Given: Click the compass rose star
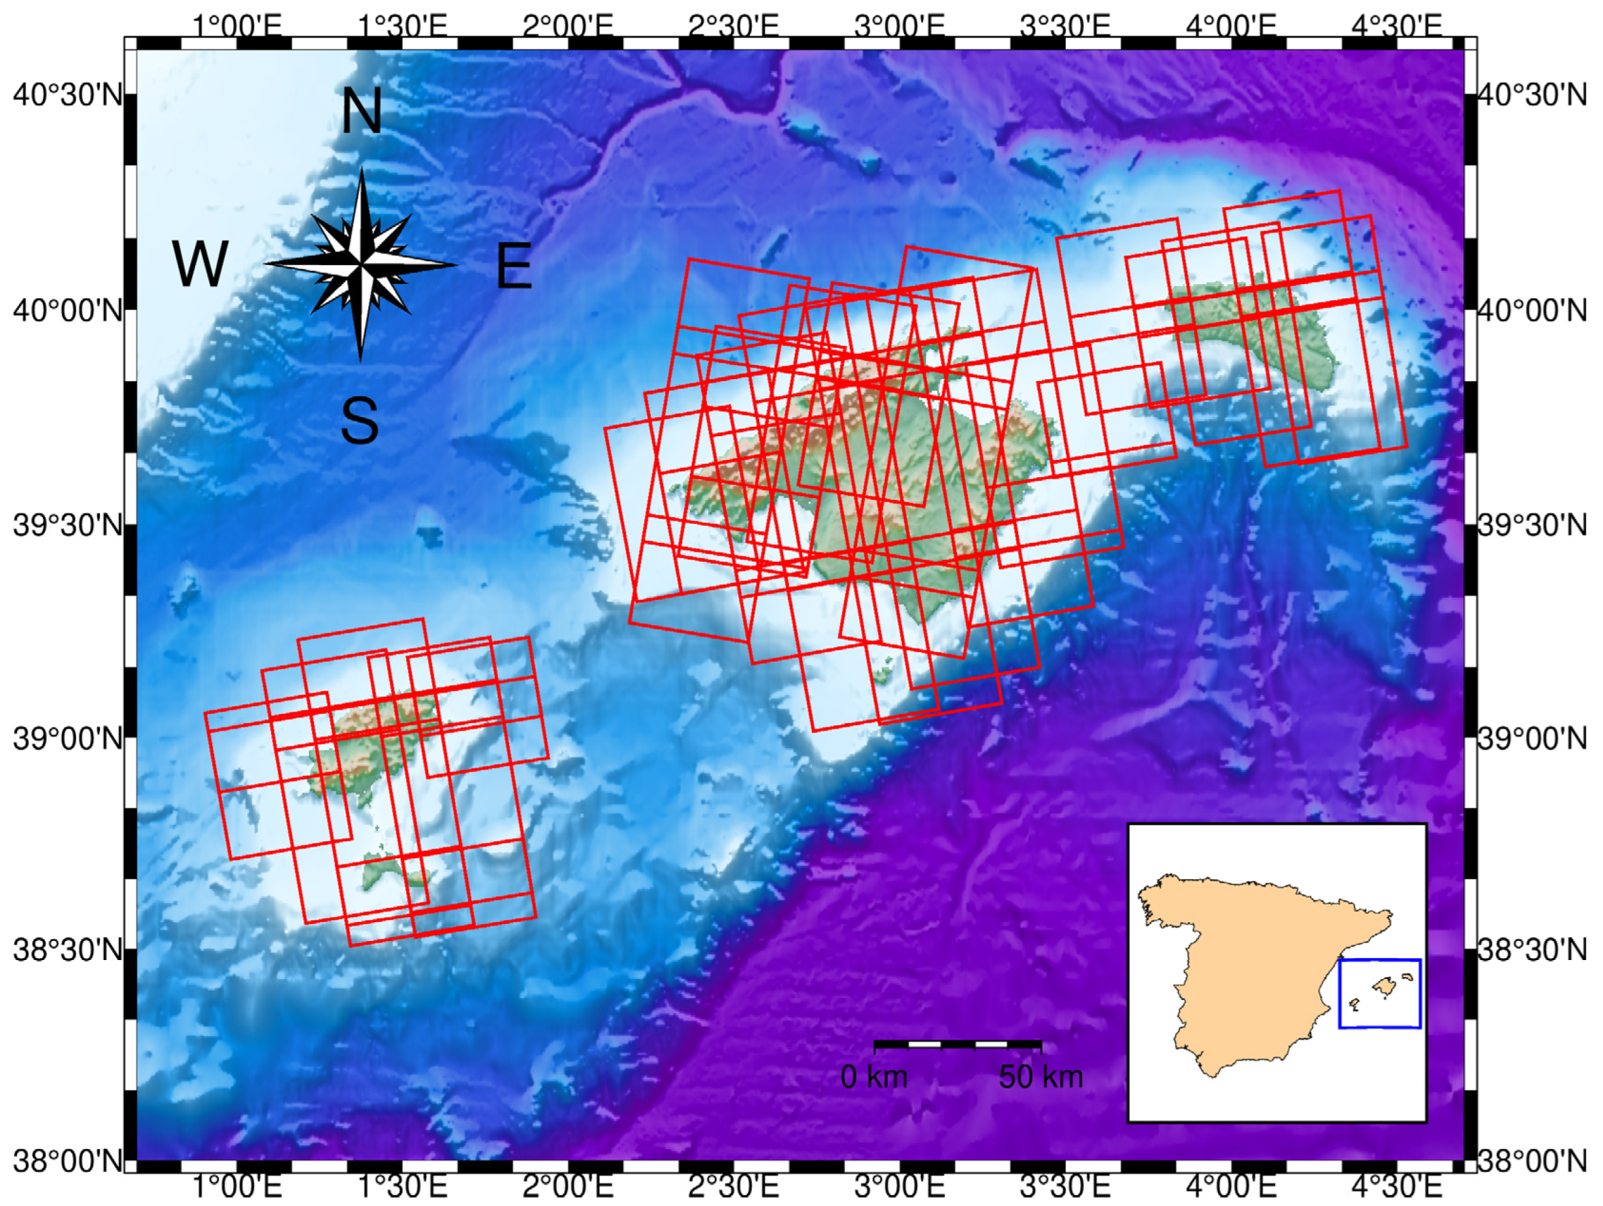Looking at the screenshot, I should pyautogui.click(x=361, y=264).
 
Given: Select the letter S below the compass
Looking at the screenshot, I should pyautogui.click(x=359, y=421).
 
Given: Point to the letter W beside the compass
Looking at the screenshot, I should pyautogui.click(x=200, y=264).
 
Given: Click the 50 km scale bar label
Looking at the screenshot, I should pyautogui.click(x=1041, y=1078).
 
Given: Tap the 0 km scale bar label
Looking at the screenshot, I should pyautogui.click(x=874, y=1078).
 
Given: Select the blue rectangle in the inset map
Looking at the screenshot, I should pyautogui.click(x=1380, y=993).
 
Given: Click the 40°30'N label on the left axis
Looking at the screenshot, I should pyautogui.click(x=67, y=95).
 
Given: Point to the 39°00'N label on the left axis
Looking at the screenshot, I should pyautogui.click(x=67, y=739).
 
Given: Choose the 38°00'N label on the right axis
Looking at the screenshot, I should pyautogui.click(x=1532, y=1162).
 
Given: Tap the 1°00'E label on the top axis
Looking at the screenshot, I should pyautogui.click(x=236, y=26).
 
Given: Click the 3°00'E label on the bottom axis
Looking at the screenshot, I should pyautogui.click(x=899, y=1187).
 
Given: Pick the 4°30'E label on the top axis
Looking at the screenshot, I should pyautogui.click(x=1397, y=26).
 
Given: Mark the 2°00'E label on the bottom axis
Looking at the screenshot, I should pyautogui.click(x=568, y=1187).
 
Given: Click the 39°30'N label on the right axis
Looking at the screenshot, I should pyautogui.click(x=1532, y=525).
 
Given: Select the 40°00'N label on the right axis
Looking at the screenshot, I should pyautogui.click(x=1532, y=311).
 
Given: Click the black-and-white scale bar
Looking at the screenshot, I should pyautogui.click(x=957, y=1044).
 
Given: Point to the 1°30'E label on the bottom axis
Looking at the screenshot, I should pyautogui.click(x=402, y=1187).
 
